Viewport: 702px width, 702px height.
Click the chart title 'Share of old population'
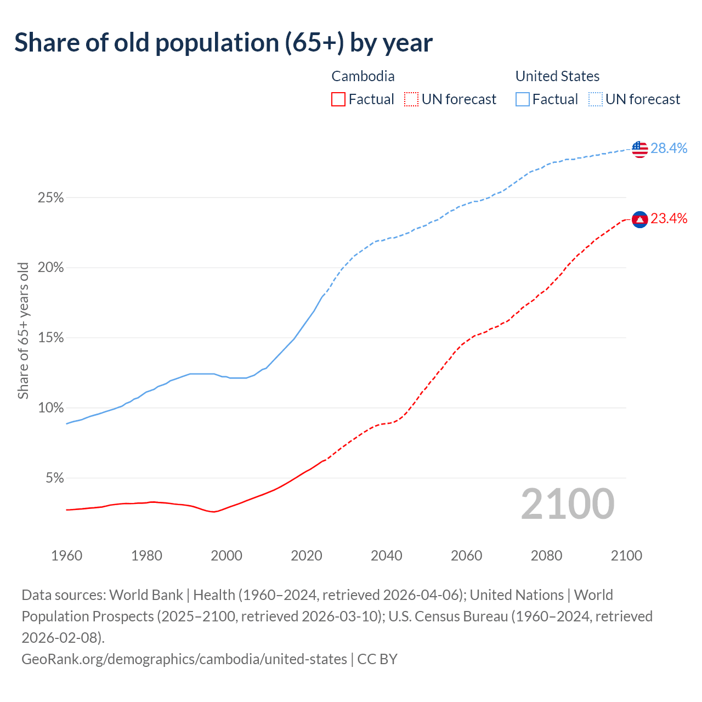223,43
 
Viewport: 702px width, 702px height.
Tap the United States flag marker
639,149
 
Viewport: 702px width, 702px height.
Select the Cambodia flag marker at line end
639,219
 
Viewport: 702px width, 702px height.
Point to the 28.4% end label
669,148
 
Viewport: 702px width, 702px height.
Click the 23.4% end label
669,219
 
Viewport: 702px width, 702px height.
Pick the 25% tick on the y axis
50,198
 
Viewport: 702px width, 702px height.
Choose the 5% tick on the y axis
54,478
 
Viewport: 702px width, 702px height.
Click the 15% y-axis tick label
50,338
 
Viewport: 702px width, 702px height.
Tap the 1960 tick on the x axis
66,556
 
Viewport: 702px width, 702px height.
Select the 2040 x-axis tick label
387,556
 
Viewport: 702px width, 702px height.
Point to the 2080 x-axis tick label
546,556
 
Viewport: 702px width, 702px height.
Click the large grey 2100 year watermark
568,504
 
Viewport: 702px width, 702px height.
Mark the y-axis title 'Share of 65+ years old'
23,331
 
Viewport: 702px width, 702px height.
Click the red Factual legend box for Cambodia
338,99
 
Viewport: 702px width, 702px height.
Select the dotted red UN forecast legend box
411,99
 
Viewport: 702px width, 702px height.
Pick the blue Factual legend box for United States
523,99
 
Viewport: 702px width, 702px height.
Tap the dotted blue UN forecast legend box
595,99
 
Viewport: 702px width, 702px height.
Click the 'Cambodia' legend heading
363,76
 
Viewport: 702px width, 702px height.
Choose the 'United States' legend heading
557,76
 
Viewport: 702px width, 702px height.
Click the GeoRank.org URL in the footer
184,659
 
